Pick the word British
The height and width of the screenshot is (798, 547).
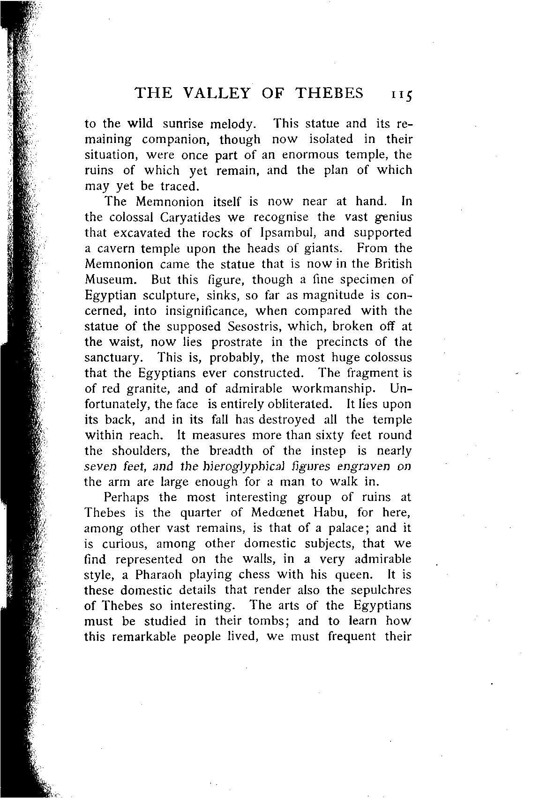(x=389, y=264)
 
